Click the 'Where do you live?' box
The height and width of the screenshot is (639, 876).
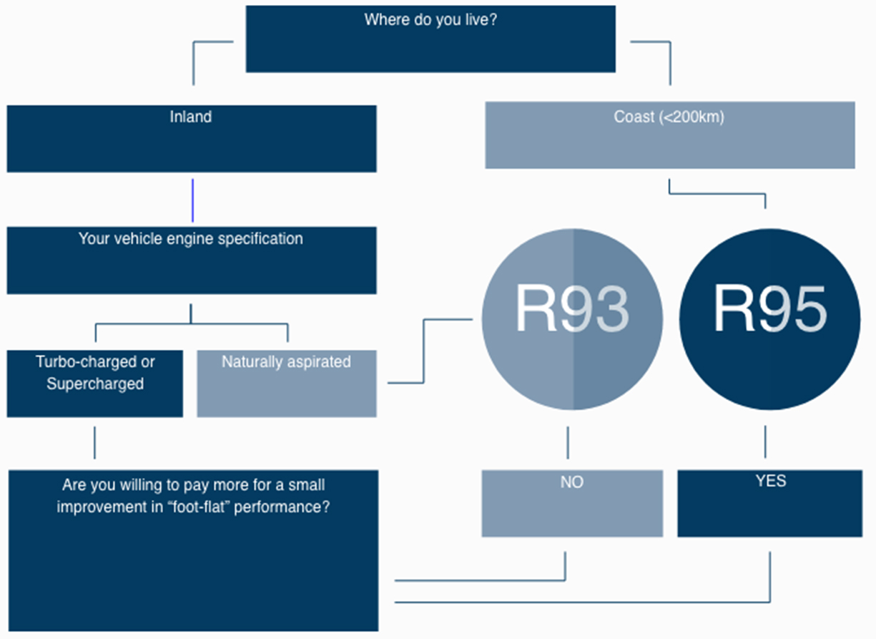point(430,39)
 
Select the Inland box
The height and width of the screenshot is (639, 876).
point(191,139)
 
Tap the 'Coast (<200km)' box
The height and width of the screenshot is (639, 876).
point(669,135)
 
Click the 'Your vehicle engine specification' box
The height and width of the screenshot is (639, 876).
point(191,260)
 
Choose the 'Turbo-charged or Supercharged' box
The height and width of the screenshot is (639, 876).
point(94,384)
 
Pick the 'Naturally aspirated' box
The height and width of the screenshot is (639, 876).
point(286,384)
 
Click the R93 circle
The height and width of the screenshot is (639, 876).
point(571,319)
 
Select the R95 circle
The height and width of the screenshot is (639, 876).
point(769,319)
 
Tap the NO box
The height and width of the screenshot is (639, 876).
point(571,503)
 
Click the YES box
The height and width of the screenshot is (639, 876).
point(769,503)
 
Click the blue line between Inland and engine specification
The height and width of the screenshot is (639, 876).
point(192,200)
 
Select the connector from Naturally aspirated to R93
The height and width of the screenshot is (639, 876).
point(424,351)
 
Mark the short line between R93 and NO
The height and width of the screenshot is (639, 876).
point(568,442)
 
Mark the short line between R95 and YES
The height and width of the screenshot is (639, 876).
point(765,442)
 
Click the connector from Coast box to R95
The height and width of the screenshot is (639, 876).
point(717,192)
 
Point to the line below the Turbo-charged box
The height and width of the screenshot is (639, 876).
point(94,442)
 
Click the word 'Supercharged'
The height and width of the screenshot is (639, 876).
point(95,384)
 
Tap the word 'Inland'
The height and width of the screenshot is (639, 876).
point(191,117)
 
